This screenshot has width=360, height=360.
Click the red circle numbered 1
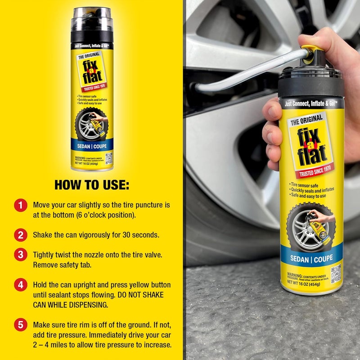tap(19, 206)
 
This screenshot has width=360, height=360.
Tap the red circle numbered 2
tap(19, 234)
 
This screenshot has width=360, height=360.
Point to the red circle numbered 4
tap(19, 285)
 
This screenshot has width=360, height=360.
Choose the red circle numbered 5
tap(19, 325)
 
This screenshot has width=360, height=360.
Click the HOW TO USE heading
tap(91, 185)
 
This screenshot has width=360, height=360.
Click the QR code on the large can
tap(336, 273)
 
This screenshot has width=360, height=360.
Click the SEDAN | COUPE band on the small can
tap(92, 146)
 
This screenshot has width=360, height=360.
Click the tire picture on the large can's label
tap(306, 225)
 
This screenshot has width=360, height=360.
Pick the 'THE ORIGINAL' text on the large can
tap(306, 121)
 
